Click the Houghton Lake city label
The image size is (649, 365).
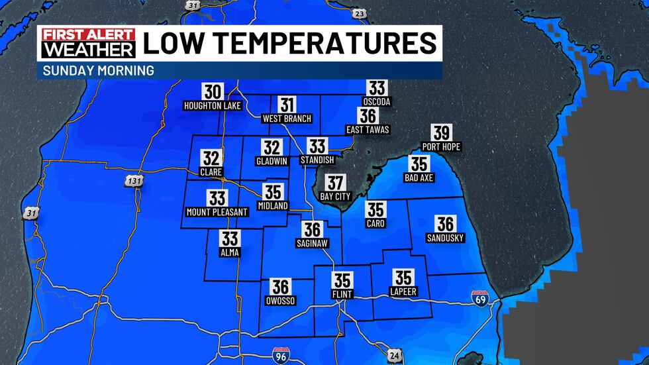pyautogui.click(x=213, y=105)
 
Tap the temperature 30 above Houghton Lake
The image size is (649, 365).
pyautogui.click(x=213, y=91)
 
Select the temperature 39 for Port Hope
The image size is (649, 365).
pyautogui.click(x=440, y=133)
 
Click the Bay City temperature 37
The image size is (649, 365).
pyautogui.click(x=336, y=183)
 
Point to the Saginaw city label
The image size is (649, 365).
pyautogui.click(x=312, y=244)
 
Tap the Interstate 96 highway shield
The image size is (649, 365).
pyautogui.click(x=281, y=356)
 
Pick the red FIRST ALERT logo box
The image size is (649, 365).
pyautogui.click(x=87, y=35)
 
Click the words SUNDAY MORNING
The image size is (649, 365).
pyautogui.click(x=99, y=70)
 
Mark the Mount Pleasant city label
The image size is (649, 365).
pyautogui.click(x=217, y=212)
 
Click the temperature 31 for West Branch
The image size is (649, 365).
pyautogui.click(x=287, y=105)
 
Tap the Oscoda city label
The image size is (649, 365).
pyautogui.click(x=377, y=101)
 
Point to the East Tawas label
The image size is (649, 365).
pyautogui.click(x=368, y=129)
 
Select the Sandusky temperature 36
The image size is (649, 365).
pyautogui.click(x=445, y=224)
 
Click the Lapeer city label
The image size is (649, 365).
pyautogui.click(x=403, y=291)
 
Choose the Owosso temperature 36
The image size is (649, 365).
pyautogui.click(x=281, y=286)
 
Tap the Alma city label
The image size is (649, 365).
pyautogui.click(x=230, y=252)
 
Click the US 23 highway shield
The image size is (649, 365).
pyautogui.click(x=358, y=13)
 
